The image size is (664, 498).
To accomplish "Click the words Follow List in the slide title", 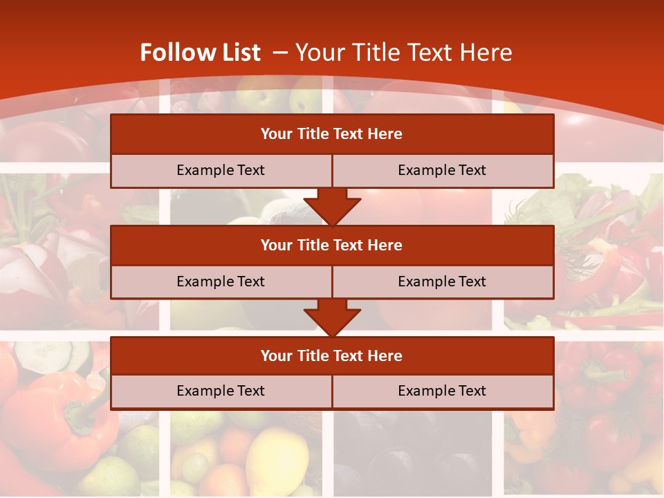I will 200,53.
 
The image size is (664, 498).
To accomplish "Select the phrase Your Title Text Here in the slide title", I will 404,53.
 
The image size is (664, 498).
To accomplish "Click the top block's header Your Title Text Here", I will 331,134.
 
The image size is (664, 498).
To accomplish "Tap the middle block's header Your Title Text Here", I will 331,246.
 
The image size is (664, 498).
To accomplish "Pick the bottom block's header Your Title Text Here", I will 331,356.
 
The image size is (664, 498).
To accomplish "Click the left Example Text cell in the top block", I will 221,170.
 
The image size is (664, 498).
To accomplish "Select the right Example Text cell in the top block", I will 442,170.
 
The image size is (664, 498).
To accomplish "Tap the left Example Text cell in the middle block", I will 221,282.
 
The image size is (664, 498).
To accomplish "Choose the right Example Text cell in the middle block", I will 442,282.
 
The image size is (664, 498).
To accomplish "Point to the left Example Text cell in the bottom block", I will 221,391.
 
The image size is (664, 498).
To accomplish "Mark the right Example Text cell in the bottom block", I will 442,391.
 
